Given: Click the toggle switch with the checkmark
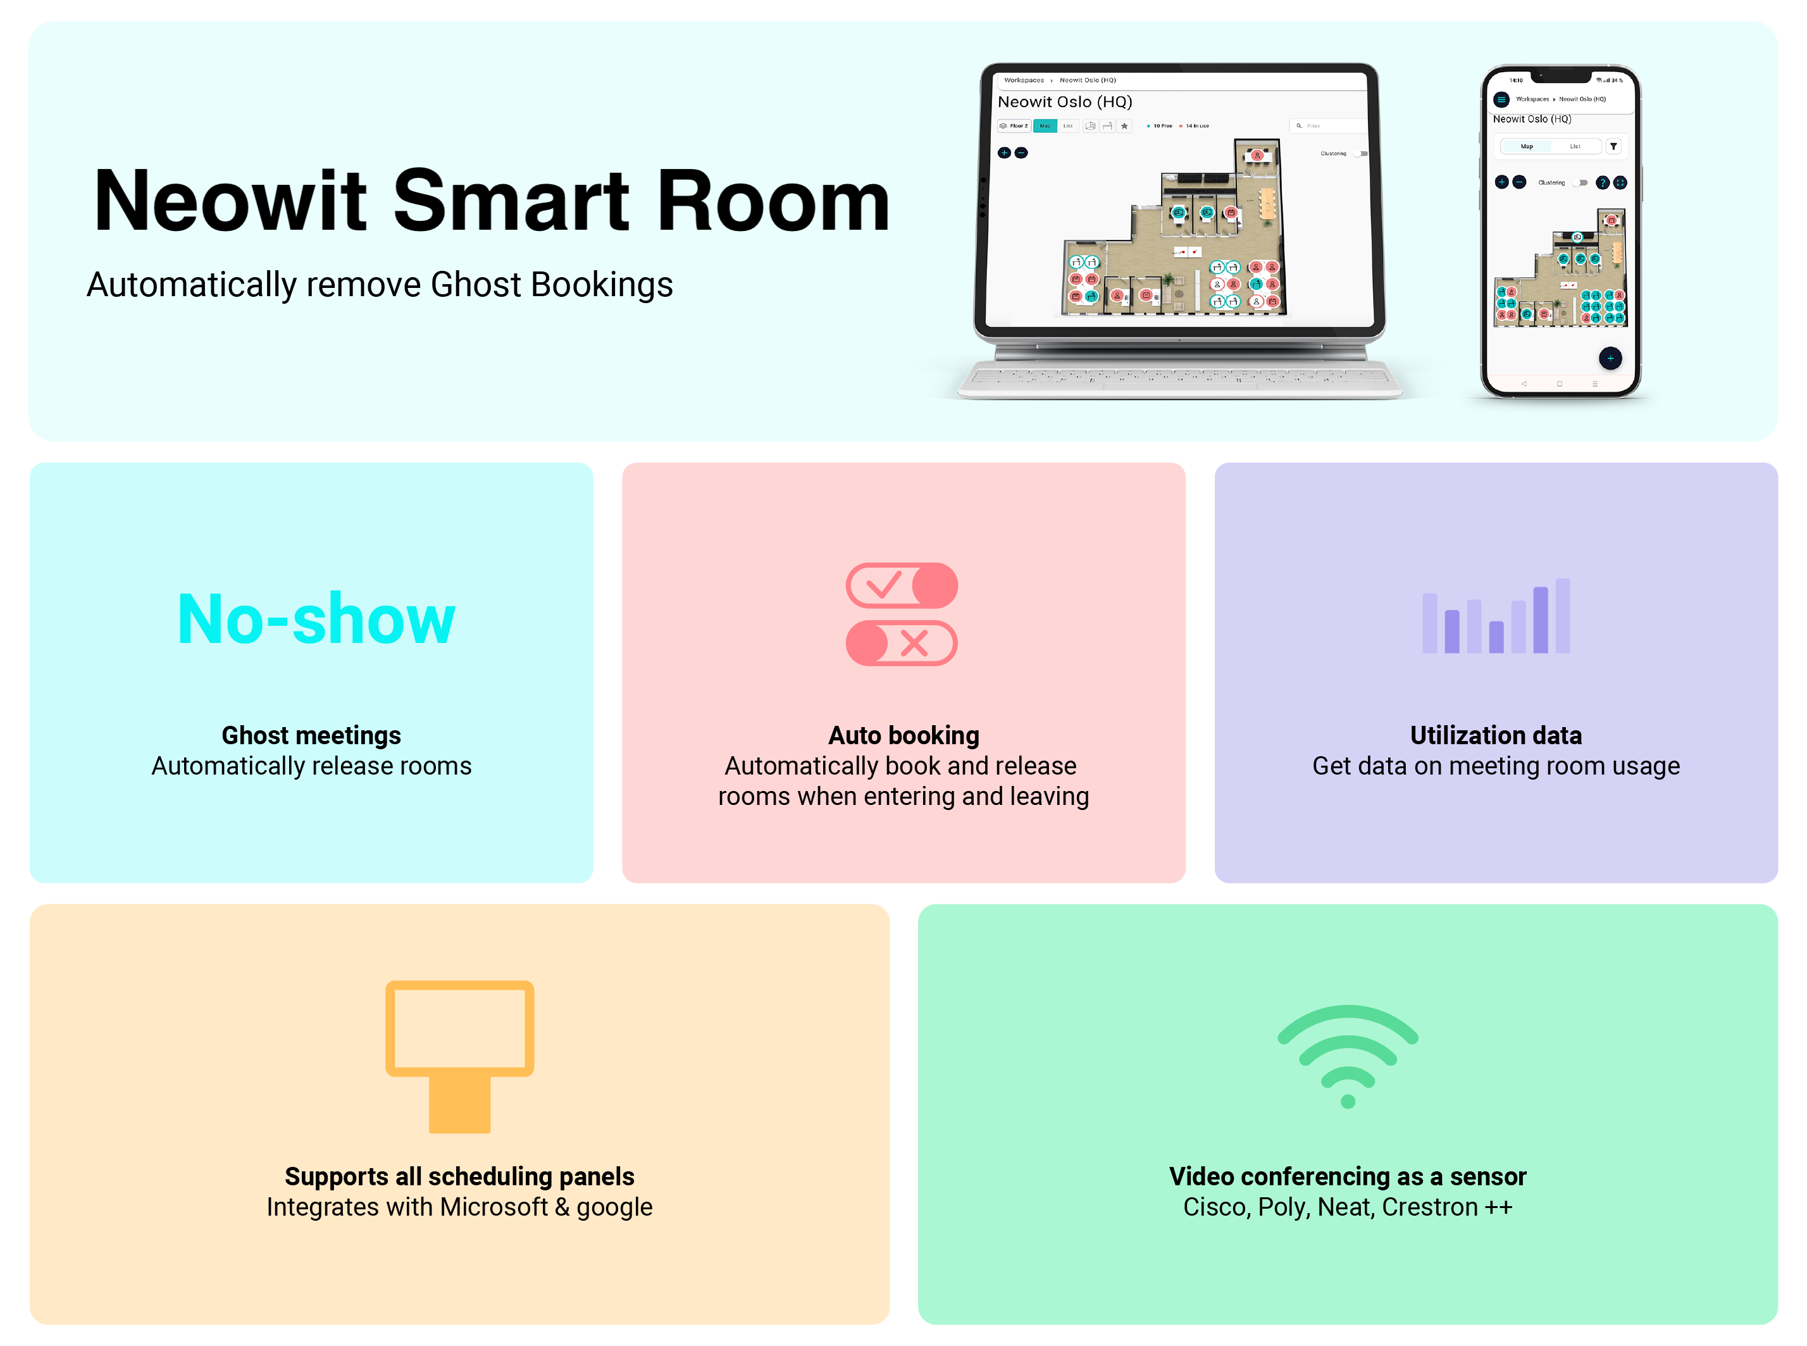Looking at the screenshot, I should click(902, 585).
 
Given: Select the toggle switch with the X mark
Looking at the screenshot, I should click(902, 643).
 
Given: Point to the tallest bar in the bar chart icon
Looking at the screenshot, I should click(1563, 615).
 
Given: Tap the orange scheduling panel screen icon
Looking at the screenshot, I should click(459, 1028).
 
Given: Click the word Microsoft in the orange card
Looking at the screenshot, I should click(494, 1207).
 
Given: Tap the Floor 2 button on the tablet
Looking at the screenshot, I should click(1014, 127).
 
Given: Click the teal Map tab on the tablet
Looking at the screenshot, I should click(1045, 127).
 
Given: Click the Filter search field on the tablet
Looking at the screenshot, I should click(1326, 127).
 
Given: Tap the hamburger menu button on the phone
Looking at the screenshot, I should click(1501, 99).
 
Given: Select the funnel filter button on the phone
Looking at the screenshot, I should click(1613, 147).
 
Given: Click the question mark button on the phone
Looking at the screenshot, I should click(1603, 182).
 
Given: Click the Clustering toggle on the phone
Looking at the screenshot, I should click(1581, 182).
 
